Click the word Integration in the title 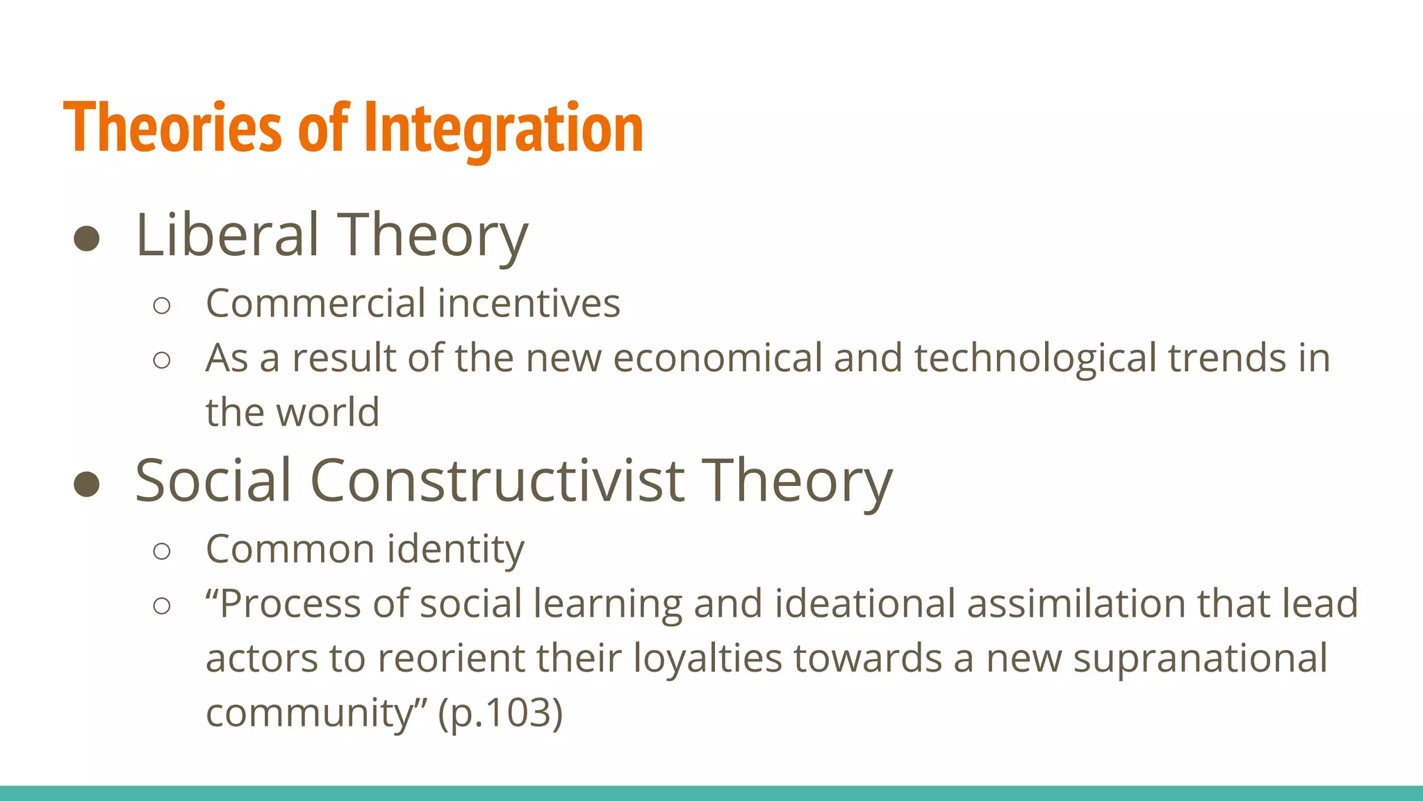coord(504,129)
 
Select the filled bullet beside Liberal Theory coord(87,238)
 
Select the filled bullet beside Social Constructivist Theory coord(87,484)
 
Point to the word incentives coord(529,304)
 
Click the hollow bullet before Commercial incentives coord(161,305)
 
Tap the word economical coord(718,358)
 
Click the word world coord(328,412)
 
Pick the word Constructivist coord(497,480)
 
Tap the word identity coord(455,550)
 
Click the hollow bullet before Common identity coord(161,551)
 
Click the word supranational coord(1200,658)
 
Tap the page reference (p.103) coord(500,713)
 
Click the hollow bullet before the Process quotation coord(161,606)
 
